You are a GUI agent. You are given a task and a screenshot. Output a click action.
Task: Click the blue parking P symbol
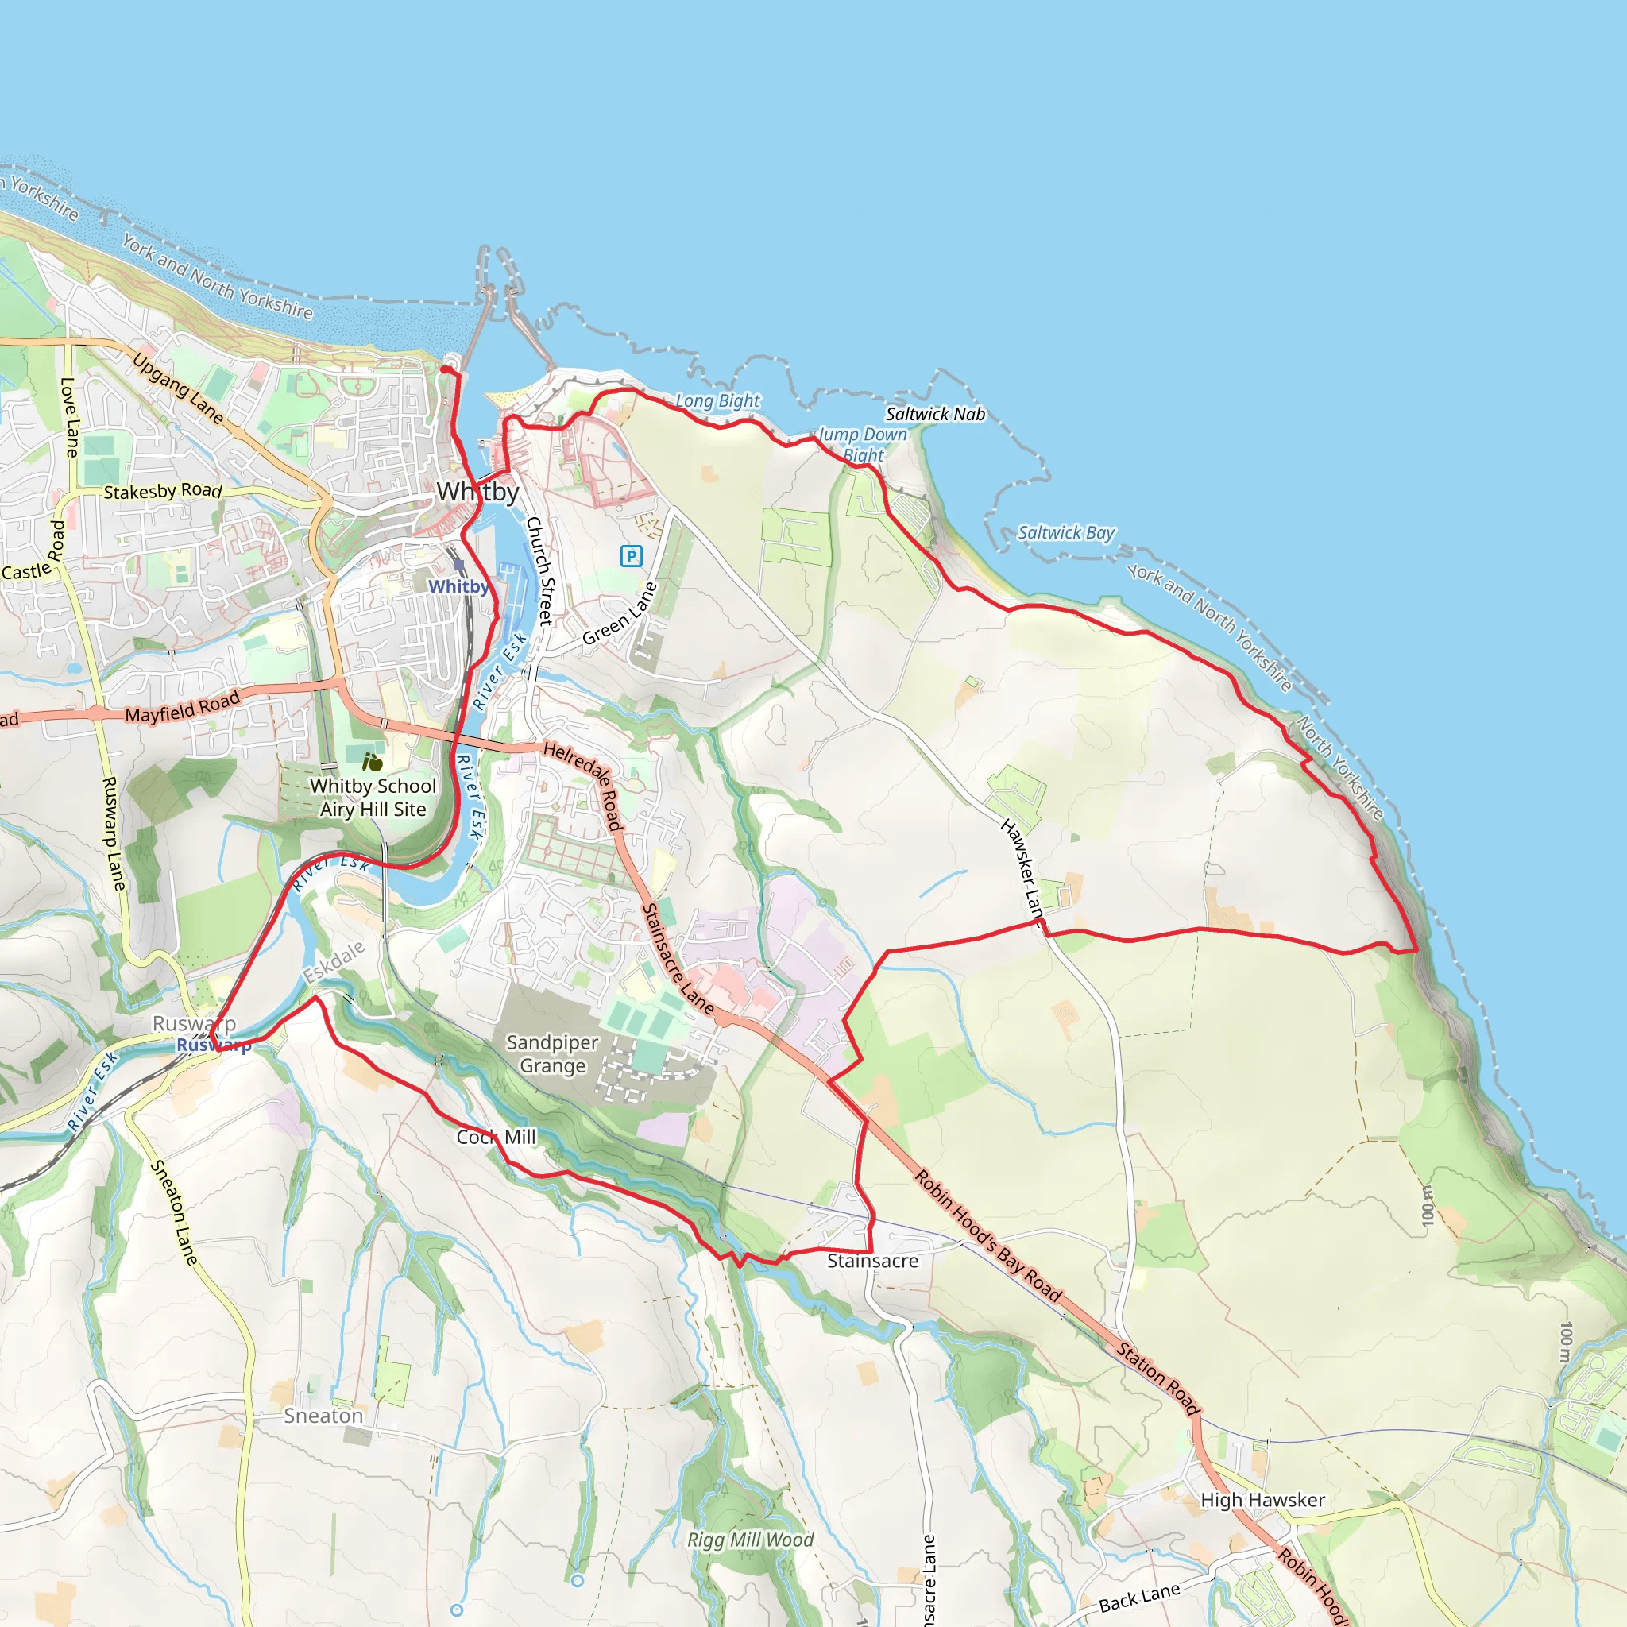631,556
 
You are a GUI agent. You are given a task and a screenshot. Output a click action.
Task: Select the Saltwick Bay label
1065,532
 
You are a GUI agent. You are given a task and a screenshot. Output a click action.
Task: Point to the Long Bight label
717,401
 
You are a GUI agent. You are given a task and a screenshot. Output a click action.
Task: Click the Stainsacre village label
872,1261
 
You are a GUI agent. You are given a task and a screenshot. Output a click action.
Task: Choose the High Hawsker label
1262,1500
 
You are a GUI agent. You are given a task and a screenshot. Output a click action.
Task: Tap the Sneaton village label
323,1416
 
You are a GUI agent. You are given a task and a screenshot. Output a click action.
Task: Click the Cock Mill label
496,1137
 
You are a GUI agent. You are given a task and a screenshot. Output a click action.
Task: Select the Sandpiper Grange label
552,1053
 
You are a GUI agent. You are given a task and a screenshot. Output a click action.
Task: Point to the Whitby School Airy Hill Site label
373,797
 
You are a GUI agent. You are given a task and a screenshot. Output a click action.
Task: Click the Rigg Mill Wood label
750,1540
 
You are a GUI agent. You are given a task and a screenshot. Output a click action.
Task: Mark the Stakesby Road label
163,491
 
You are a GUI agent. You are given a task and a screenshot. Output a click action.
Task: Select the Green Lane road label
619,614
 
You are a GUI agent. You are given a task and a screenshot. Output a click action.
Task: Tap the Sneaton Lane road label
174,1212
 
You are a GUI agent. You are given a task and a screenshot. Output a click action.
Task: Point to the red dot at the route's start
445,369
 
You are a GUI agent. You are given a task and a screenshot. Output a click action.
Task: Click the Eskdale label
334,962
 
